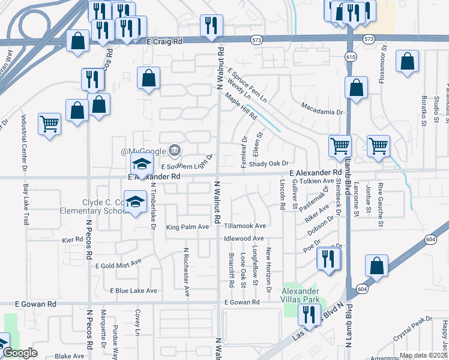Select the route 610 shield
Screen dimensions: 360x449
[349, 56]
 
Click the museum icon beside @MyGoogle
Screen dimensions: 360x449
[175, 149]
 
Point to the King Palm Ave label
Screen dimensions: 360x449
[187, 227]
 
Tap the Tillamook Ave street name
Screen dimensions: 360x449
[244, 226]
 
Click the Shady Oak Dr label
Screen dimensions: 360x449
[269, 163]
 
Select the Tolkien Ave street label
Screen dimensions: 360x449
[316, 181]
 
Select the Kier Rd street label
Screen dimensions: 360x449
[72, 239]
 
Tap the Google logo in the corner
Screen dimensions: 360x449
[20, 353]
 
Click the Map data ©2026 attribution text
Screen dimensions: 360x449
[423, 355]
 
